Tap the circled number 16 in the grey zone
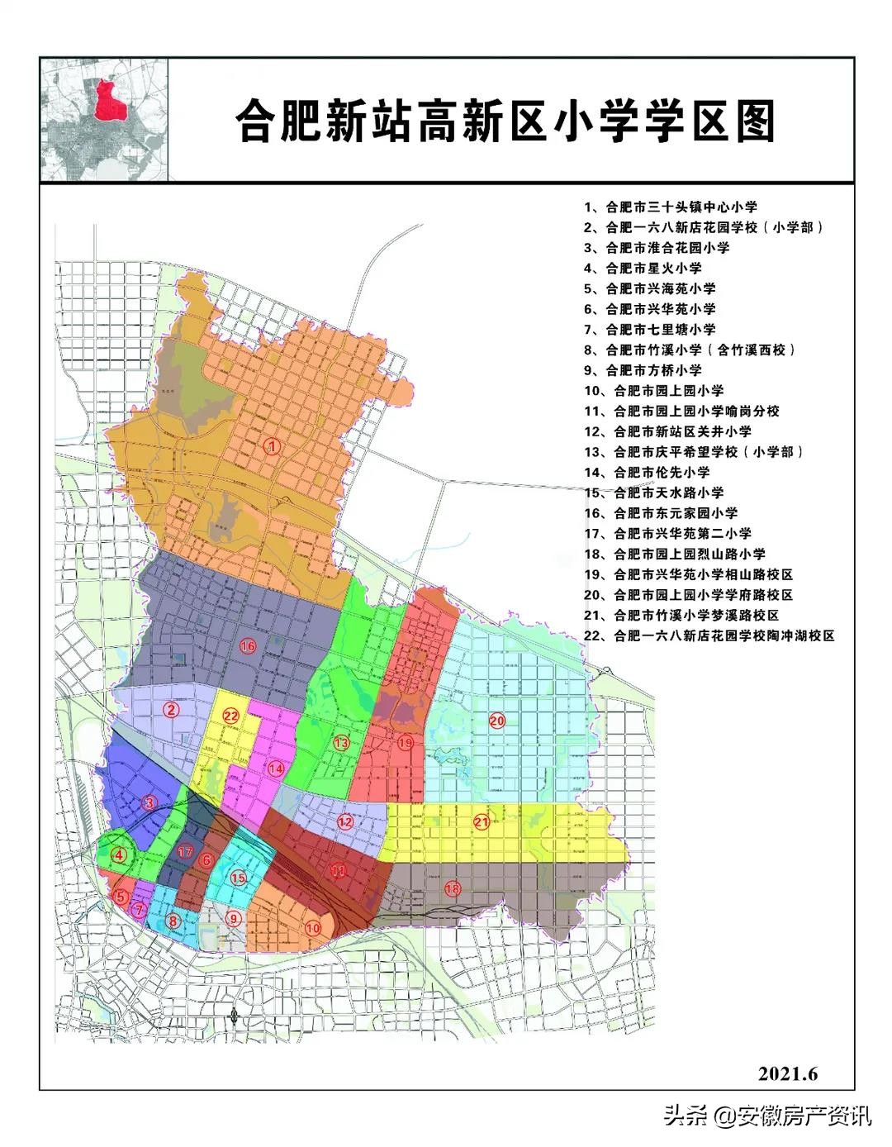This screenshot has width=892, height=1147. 247,645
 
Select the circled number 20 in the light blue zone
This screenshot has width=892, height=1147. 496,721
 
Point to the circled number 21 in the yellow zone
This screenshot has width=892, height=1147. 482,821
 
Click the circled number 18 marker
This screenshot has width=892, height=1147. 452,888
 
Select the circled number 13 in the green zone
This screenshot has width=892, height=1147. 341,743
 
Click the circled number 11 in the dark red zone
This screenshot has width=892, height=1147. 338,869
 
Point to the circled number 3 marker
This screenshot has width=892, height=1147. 149,802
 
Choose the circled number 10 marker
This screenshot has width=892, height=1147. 313,927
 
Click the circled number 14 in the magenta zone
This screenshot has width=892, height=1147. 276,768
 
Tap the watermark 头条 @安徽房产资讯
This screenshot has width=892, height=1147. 767,1116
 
